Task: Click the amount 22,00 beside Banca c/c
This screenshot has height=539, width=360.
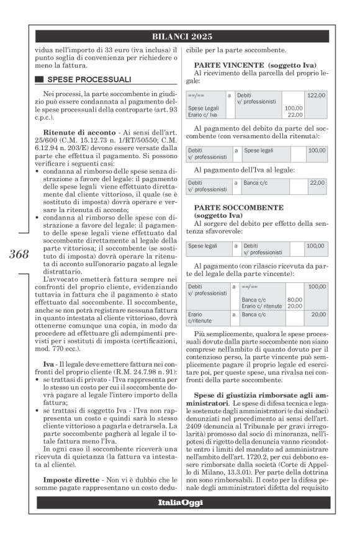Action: click(x=317, y=166)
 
